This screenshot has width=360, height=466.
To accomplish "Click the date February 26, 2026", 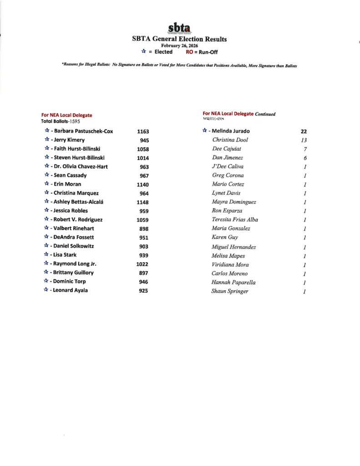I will pyautogui.click(x=179, y=46).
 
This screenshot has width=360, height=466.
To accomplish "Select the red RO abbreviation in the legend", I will pyautogui.click(x=190, y=52).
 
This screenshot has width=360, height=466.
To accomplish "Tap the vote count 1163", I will pyautogui.click(x=143, y=132).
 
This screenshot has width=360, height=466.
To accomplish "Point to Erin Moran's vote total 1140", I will pyautogui.click(x=143, y=185).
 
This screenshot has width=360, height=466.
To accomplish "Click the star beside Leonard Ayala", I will pyautogui.click(x=46, y=290).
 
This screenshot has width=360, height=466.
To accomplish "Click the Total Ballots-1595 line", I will pyautogui.click(x=61, y=122).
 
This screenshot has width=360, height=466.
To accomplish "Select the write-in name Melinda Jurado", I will pyautogui.click(x=231, y=131).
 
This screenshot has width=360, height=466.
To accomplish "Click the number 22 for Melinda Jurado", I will pyautogui.click(x=304, y=132).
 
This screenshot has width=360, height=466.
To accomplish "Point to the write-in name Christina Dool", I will pyautogui.click(x=230, y=140).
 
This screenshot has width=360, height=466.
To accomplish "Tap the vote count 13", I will pyautogui.click(x=304, y=140).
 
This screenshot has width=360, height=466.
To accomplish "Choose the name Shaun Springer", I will pyautogui.click(x=230, y=291).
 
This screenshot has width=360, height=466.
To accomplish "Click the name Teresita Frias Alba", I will pyautogui.click(x=235, y=220).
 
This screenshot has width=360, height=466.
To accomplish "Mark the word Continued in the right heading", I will pyautogui.click(x=265, y=114).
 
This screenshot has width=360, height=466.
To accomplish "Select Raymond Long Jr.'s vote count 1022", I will pyautogui.click(x=143, y=264).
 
